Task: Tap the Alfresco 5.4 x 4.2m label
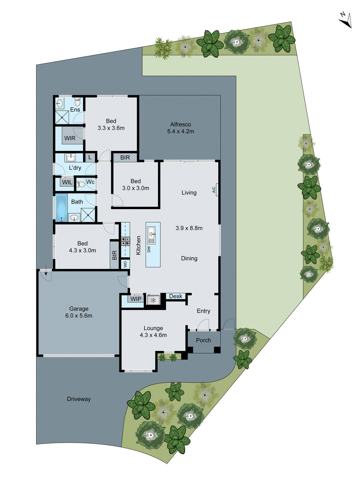181,128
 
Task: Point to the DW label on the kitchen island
149,249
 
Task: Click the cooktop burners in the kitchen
125,241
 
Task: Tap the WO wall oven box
125,264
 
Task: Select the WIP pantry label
136,299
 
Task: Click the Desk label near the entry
175,296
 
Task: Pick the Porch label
203,340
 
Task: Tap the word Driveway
79,399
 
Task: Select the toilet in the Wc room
79,184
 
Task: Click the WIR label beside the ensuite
70,138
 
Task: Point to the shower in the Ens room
62,117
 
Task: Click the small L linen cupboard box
90,157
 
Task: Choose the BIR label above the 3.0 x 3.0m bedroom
125,157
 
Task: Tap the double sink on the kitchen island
151,235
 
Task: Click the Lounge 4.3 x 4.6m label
153,331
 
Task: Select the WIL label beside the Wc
67,182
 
